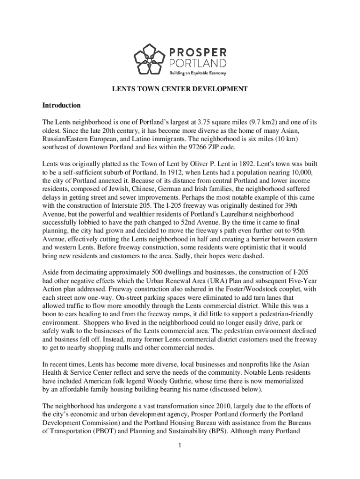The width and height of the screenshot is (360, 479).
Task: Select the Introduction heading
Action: (61, 105)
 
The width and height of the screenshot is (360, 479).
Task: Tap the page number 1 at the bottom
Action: (180, 444)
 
